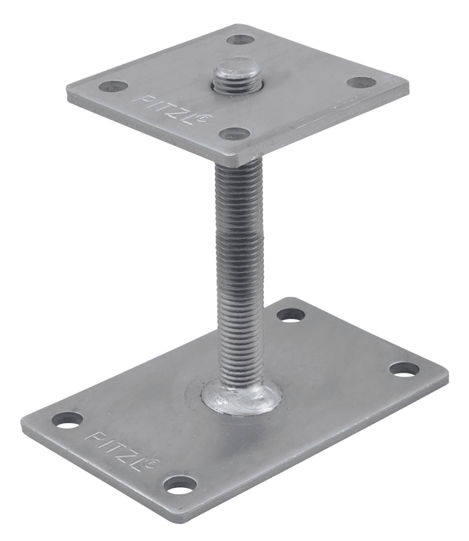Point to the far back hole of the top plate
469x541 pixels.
pyautogui.click(x=240, y=39)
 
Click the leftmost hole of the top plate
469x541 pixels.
pyautogui.click(x=113, y=86)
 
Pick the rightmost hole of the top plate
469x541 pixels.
pyautogui.click(x=361, y=83)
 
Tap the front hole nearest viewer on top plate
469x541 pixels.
pyautogui.click(x=234, y=134)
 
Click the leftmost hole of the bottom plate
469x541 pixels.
pyautogui.click(x=68, y=419)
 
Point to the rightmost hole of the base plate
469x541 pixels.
pyautogui.click(x=405, y=370)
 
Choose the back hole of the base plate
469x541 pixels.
pyautogui.click(x=291, y=315)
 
